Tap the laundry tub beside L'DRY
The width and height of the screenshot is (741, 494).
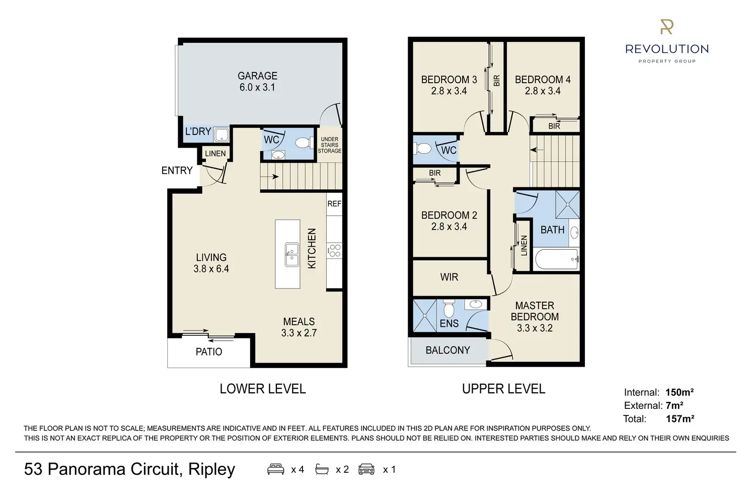tap(221, 134)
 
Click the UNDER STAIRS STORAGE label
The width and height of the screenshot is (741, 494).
tap(330, 145)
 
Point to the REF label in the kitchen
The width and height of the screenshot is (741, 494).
tap(334, 203)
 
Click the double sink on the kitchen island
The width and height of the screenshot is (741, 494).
tap(291, 255)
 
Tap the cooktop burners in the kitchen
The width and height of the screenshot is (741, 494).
tap(334, 250)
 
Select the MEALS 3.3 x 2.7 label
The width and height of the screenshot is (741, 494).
tap(299, 327)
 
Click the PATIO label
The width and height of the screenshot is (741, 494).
tap(209, 351)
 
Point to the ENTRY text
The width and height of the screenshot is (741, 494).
tap(177, 171)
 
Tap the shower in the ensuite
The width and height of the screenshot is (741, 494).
tap(424, 316)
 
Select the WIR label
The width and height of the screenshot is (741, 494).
tap(449, 277)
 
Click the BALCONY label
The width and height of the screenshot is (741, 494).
tap(448, 350)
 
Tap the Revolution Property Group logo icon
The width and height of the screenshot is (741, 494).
tap(666, 27)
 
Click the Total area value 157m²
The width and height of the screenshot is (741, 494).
tap(680, 418)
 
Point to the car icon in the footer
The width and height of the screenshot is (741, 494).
tap(366, 469)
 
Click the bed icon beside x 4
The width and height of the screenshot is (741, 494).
tap(275, 469)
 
